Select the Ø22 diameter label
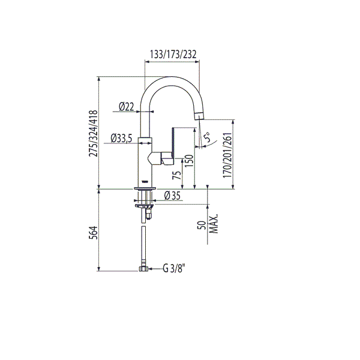[x=126, y=107]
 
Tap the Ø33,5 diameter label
[x=122, y=139]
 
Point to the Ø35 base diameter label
[x=172, y=196]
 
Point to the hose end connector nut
[x=143, y=269]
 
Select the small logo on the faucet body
[x=145, y=180]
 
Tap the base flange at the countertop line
[x=145, y=188]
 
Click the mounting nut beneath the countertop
[x=146, y=206]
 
